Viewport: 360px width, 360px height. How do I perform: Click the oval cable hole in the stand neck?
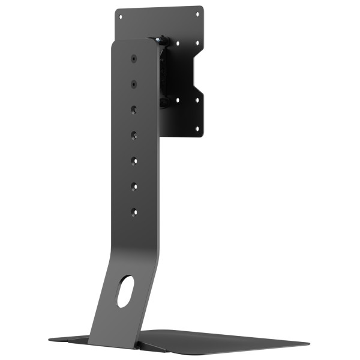(125, 292)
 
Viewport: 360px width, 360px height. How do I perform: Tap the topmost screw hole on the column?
(133, 59)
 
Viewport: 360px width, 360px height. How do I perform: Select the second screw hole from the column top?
(133, 84)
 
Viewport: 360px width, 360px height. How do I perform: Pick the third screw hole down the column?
(134, 109)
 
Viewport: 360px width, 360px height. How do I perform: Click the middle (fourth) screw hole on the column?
(134, 135)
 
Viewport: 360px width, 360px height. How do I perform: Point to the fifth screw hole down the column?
(134, 160)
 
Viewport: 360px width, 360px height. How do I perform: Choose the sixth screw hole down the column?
(134, 186)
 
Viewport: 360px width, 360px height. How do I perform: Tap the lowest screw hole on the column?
(134, 212)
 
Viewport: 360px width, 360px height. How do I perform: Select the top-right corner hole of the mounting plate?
(197, 12)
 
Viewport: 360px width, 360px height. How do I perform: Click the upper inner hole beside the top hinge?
(178, 43)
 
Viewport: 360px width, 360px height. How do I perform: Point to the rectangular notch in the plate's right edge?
(200, 71)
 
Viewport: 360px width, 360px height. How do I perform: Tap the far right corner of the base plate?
(308, 344)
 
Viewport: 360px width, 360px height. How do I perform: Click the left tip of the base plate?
(50, 337)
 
